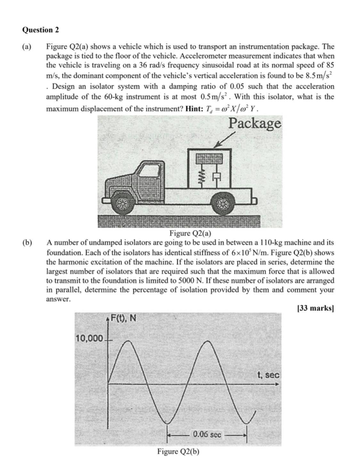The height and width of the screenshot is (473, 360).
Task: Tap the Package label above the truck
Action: pyautogui.click(x=255, y=123)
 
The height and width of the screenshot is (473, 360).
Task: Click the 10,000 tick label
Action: pyautogui.click(x=89, y=339)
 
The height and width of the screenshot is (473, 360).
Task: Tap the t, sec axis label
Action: pyautogui.click(x=268, y=375)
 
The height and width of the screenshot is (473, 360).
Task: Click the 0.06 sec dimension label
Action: pyautogui.click(x=208, y=434)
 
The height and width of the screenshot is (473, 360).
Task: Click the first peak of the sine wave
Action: pyautogui.click(x=127, y=341)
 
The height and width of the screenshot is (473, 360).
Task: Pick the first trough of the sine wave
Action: pyautogui.click(x=168, y=422)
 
